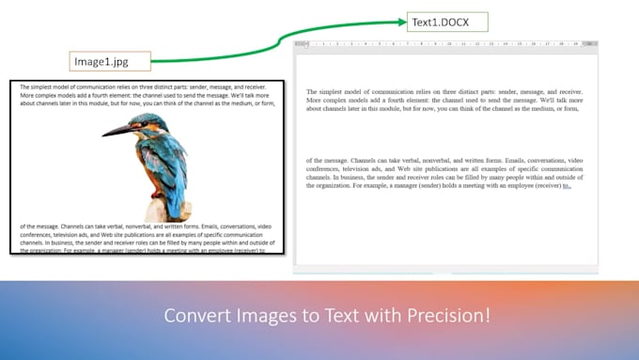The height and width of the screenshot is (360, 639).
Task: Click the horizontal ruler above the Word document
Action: (x=446, y=43)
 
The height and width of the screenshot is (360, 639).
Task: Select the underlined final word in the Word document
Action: (x=567, y=187)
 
